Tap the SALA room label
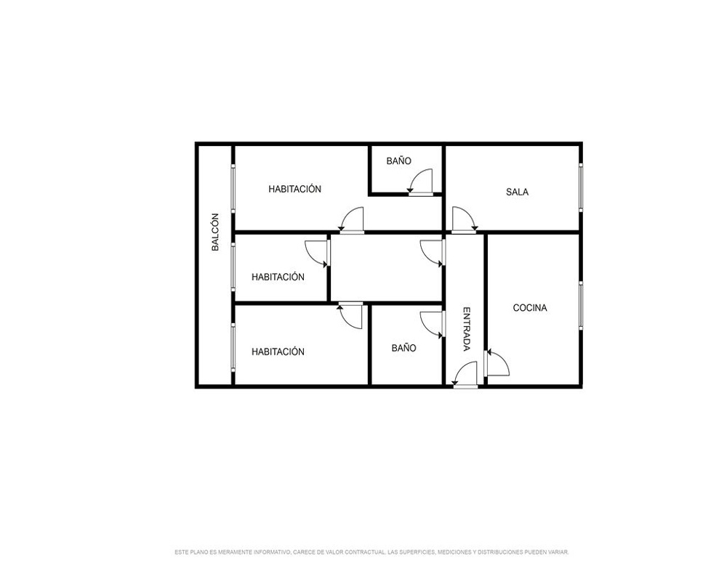click(517, 192)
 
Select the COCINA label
click(530, 308)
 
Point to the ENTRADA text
click(467, 330)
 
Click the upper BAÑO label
click(398, 161)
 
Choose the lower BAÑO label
click(403, 348)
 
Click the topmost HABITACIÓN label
click(295, 189)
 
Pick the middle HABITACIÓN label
click(278, 277)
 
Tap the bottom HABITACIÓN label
click(278, 352)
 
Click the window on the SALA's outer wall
click(580, 187)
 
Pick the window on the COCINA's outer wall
click(580, 305)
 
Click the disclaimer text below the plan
click(371, 552)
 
